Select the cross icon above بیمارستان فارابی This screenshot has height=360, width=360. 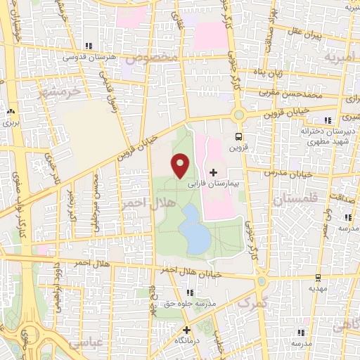click(x=213, y=172)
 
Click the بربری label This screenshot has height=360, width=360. click(x=11, y=122)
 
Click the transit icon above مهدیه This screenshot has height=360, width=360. click(x=318, y=278)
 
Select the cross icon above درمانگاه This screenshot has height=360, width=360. click(x=186, y=329)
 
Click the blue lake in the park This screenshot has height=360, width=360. click(x=194, y=229)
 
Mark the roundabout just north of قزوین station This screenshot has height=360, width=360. click(x=239, y=114)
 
